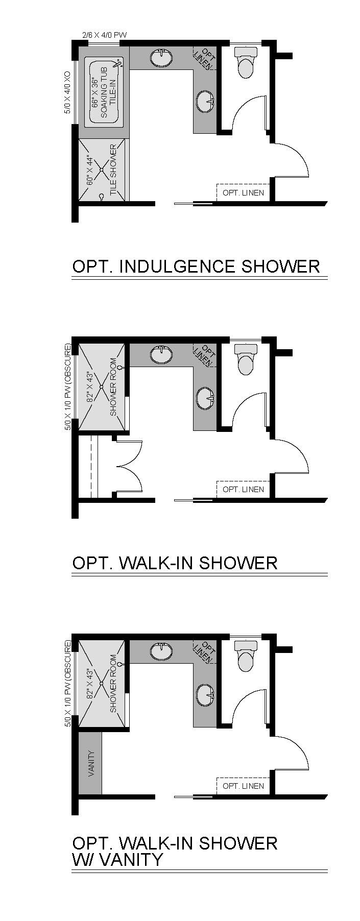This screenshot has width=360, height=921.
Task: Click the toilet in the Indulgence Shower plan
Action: [x=245, y=62]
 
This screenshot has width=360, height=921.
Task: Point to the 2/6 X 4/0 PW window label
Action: [x=104, y=35]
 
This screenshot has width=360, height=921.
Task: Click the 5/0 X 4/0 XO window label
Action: [x=68, y=93]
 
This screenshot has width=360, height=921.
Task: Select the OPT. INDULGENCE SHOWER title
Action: [x=197, y=266]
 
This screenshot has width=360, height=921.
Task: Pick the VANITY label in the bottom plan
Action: [x=91, y=763]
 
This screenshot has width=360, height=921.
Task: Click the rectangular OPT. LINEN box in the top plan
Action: [x=243, y=192]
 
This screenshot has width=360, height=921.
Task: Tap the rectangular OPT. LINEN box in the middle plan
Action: [x=243, y=489]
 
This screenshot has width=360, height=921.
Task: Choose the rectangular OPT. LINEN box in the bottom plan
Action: [x=243, y=786]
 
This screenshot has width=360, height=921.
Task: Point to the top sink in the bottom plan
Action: [x=162, y=650]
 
